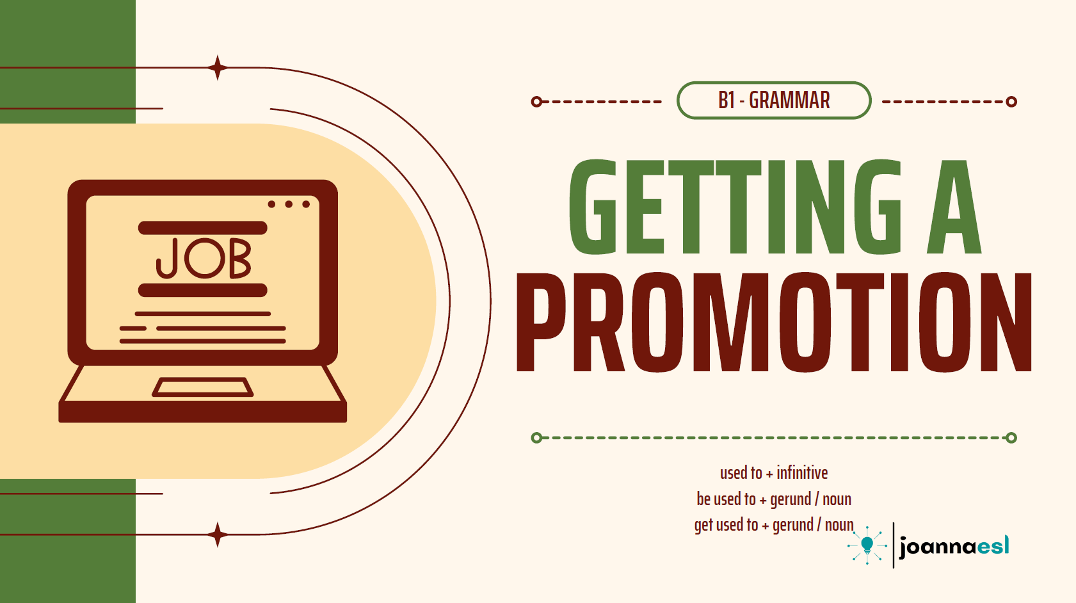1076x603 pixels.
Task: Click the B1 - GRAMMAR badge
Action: (x=773, y=100)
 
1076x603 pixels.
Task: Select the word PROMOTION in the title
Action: (x=774, y=322)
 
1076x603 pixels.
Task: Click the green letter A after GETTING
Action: (x=954, y=207)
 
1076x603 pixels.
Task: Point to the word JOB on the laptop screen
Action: (x=204, y=259)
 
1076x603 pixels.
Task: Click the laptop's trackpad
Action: (x=202, y=387)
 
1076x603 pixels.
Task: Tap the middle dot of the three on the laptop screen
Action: (x=289, y=204)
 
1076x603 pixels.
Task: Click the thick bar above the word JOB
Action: (x=202, y=228)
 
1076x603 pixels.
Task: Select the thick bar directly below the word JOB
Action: (x=202, y=290)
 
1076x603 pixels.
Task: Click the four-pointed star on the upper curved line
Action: (x=218, y=67)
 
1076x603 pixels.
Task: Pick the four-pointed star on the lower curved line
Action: (x=218, y=535)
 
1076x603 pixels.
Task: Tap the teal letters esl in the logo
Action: (x=993, y=546)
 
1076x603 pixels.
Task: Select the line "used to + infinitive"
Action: (x=773, y=473)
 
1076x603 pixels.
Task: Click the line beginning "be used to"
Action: (x=773, y=499)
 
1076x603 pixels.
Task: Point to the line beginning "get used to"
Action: (x=773, y=526)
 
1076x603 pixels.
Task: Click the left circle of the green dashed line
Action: (x=536, y=438)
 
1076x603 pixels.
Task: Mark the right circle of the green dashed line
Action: (x=1011, y=438)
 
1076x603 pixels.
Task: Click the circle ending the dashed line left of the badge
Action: (x=536, y=101)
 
